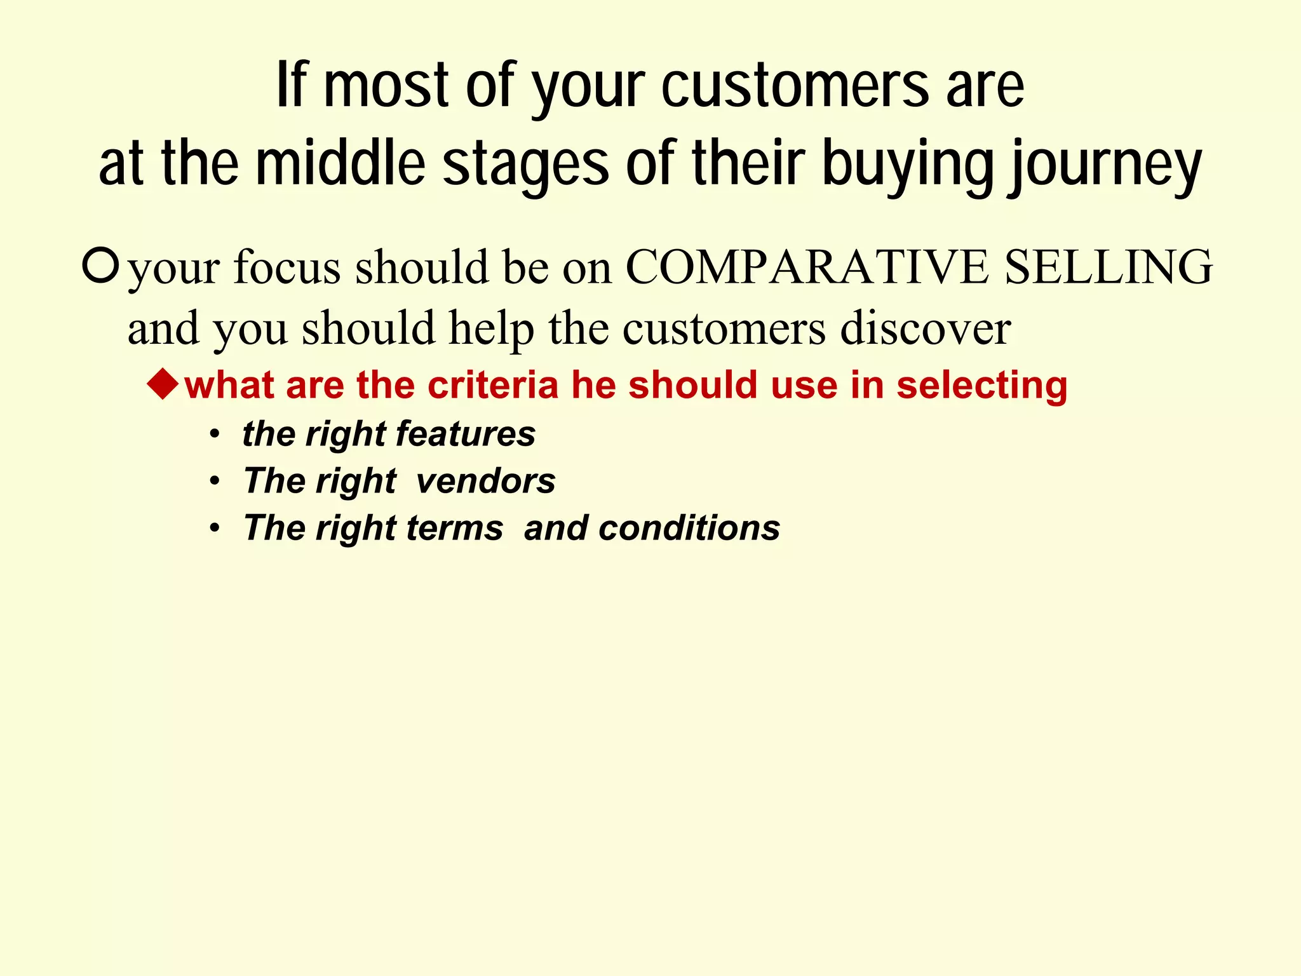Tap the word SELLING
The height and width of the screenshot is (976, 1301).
coord(1109,267)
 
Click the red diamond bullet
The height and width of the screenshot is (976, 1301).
coord(164,384)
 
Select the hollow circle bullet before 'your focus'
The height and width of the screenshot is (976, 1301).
coord(100,266)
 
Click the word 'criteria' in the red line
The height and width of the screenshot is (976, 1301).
coord(493,385)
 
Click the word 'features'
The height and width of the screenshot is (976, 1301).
coord(466,434)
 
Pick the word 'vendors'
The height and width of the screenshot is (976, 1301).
coord(486,481)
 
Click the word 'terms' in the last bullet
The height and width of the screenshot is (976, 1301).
coord(455,528)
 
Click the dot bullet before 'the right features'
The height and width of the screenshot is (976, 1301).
coord(215,435)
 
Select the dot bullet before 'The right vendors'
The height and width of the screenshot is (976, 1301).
coord(215,482)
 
